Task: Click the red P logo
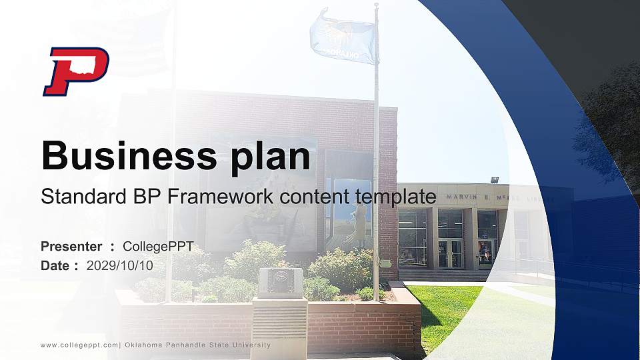point(75,71)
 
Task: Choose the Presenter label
point(71,247)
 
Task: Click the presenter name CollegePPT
point(158,247)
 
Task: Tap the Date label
point(55,265)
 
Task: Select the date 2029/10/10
point(120,265)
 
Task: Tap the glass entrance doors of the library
point(451,253)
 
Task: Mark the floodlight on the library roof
point(495,179)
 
